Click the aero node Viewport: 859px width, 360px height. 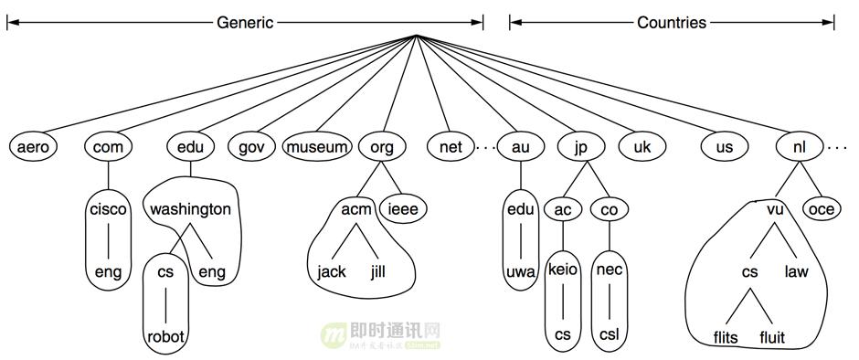32,146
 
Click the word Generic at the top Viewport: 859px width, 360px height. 244,23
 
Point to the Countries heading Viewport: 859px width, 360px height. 672,23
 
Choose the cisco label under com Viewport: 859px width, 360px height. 108,209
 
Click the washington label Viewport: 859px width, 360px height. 190,209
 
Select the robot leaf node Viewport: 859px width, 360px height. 165,336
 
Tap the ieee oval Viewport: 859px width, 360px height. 403,209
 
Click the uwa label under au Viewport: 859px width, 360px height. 520,271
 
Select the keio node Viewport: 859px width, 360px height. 562,271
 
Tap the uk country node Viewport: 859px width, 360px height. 642,146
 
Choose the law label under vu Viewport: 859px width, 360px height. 795,271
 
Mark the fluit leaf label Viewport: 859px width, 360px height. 772,337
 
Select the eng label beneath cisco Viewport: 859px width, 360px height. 108,271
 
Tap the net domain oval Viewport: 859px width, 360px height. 451,146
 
